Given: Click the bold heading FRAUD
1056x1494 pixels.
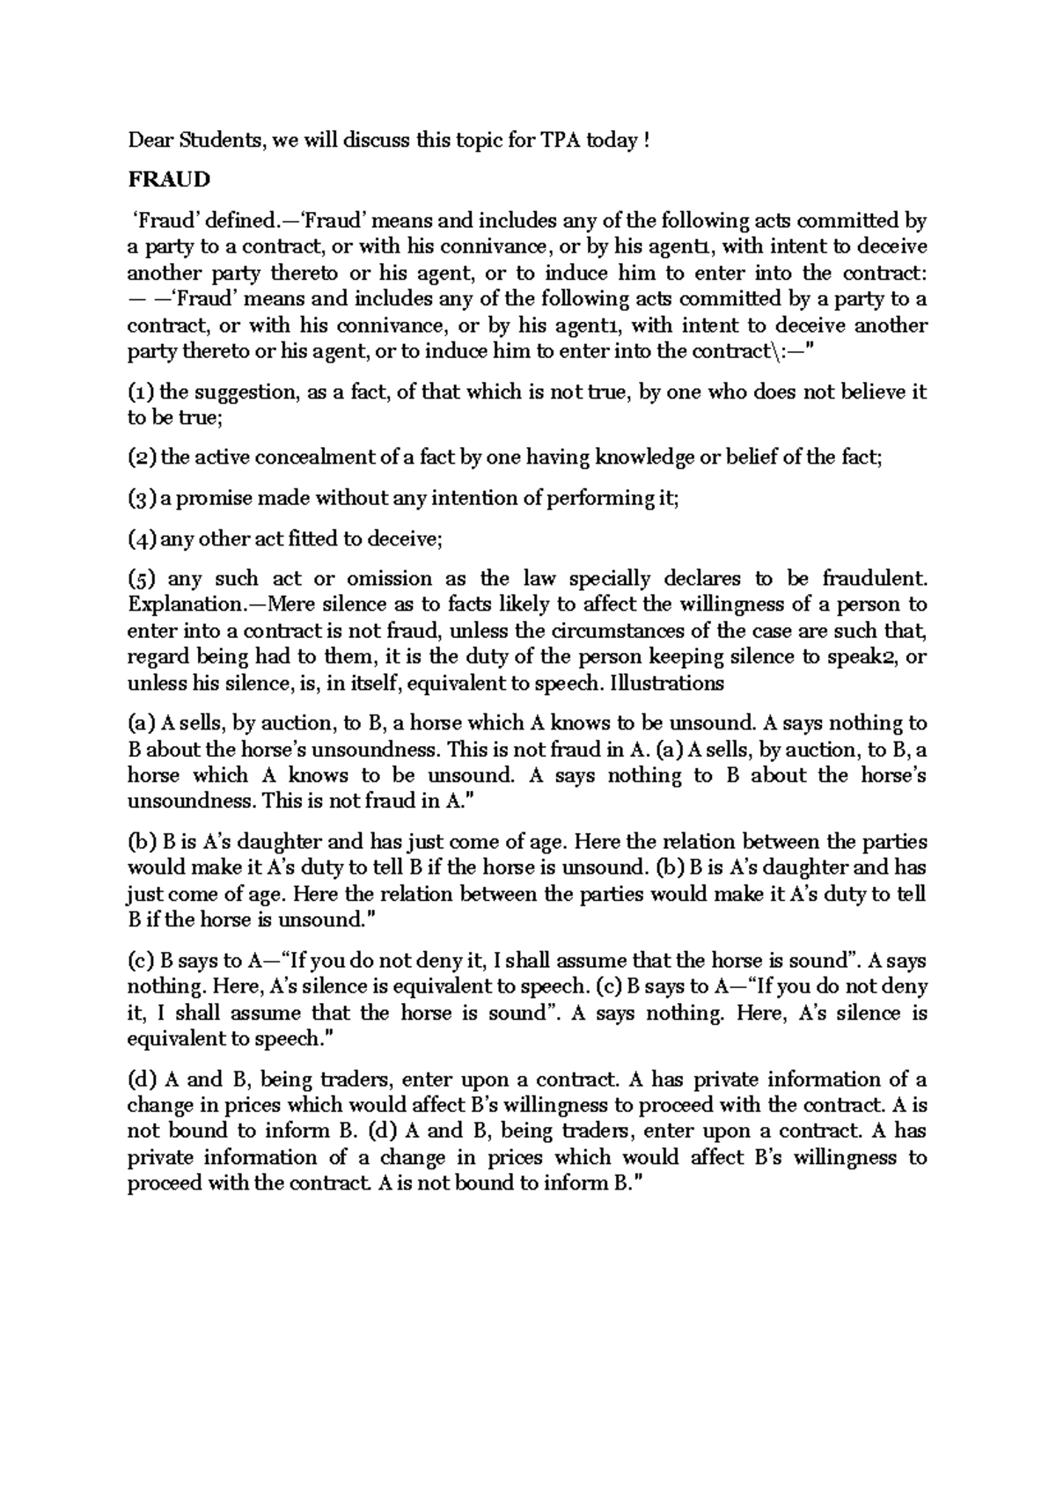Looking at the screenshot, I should pos(170,179).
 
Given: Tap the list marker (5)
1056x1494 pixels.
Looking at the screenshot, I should pos(143,579).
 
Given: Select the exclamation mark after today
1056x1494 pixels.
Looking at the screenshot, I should pos(647,140).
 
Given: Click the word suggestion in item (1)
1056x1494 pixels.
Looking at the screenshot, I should pos(246,392).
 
